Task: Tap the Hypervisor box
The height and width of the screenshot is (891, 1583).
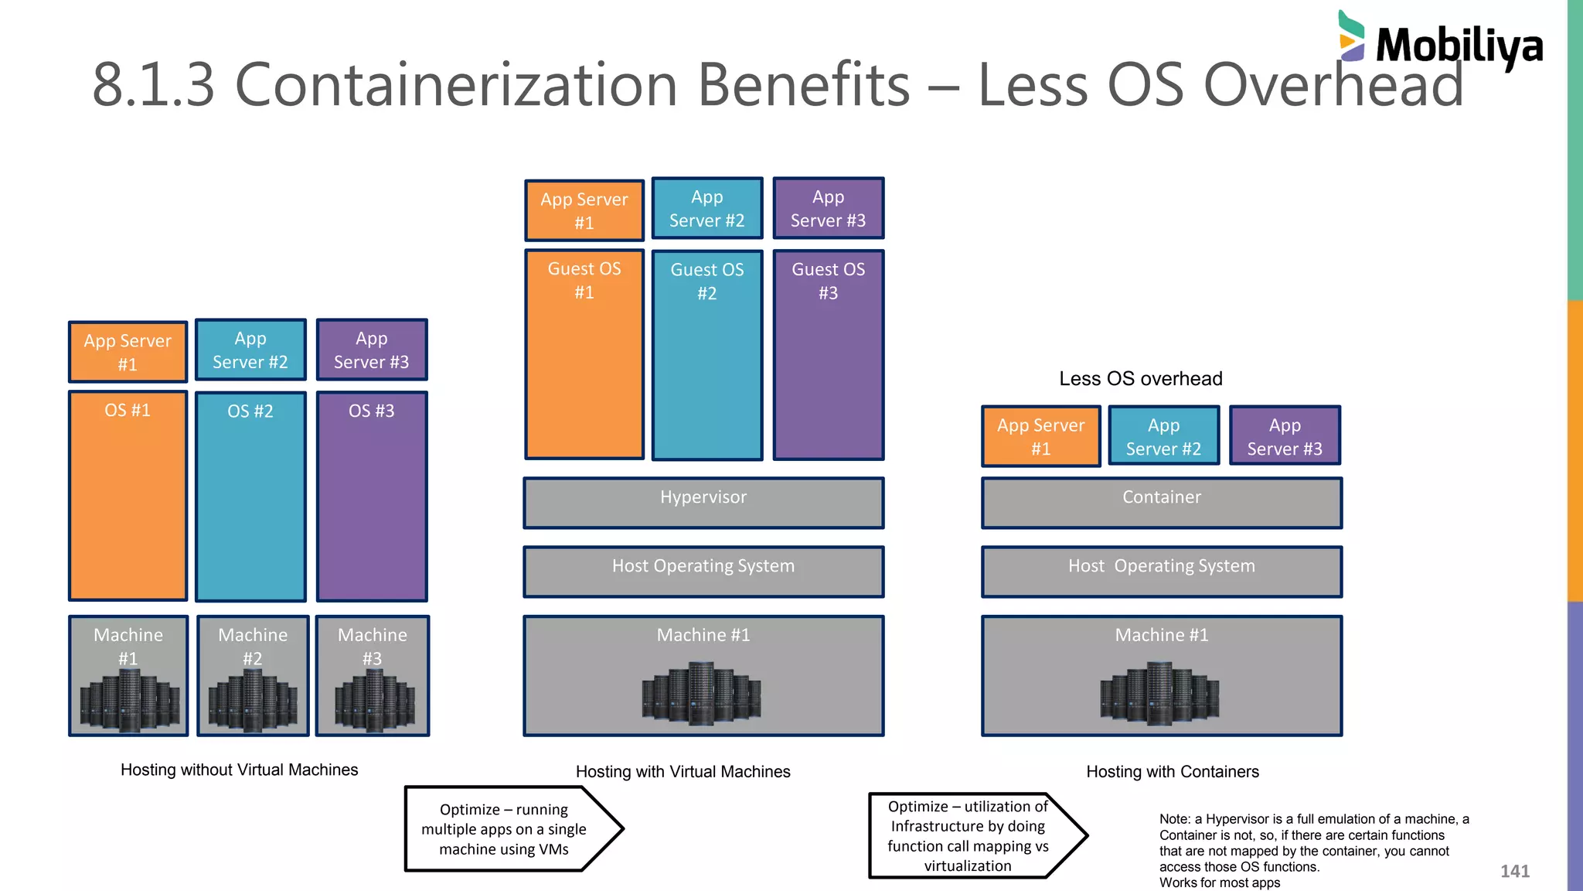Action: click(703, 503)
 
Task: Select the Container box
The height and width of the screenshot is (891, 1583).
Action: click(1161, 503)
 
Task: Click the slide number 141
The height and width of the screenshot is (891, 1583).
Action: click(1514, 871)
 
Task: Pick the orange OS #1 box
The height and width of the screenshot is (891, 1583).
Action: click(128, 495)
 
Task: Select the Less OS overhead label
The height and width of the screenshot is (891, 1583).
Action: click(1140, 378)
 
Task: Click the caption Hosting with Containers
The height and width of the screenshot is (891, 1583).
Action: click(1172, 771)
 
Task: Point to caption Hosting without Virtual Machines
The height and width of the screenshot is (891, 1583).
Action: click(239, 770)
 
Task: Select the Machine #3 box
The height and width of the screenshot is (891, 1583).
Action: click(373, 675)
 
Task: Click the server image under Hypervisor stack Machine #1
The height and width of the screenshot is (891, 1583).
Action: click(701, 693)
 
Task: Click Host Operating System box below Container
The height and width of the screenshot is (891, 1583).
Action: click(1161, 572)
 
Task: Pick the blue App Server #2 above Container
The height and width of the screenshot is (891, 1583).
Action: click(1163, 435)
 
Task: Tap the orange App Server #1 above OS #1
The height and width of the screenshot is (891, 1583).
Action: click(128, 352)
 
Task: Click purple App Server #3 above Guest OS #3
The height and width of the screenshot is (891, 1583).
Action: click(828, 208)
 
